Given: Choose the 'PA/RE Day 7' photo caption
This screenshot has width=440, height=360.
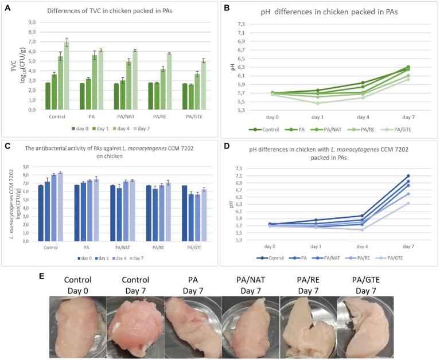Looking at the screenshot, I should (x=307, y=284).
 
